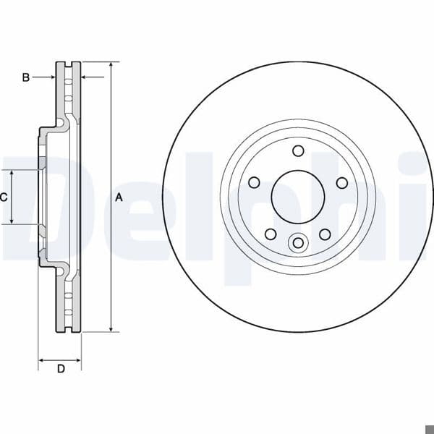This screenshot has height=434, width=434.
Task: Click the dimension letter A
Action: click(x=119, y=197)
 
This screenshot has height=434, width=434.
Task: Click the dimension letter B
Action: click(x=26, y=77)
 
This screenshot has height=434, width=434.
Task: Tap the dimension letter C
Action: click(x=4, y=197)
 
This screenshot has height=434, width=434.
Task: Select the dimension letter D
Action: click(x=61, y=369)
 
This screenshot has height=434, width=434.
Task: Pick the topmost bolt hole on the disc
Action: click(x=298, y=151)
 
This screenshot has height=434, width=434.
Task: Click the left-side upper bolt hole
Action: click(x=254, y=183)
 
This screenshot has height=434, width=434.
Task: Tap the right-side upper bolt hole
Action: click(x=342, y=183)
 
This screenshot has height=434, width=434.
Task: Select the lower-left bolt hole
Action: click(x=271, y=234)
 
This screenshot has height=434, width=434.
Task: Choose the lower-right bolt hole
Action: click(x=325, y=234)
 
